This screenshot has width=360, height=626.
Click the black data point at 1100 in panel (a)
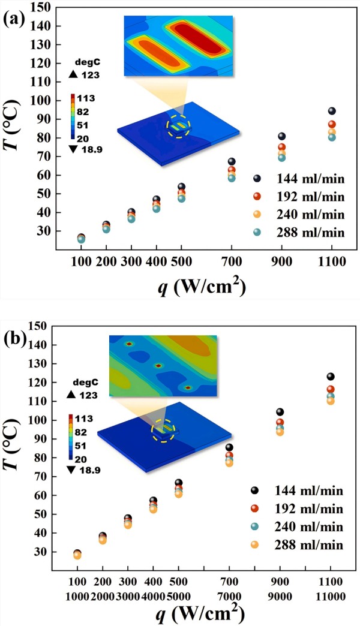point(332,111)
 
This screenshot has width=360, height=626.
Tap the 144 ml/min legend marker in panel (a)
point(257,179)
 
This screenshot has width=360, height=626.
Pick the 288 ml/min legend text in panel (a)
point(311,231)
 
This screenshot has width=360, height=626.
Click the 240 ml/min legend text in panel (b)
point(311,526)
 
